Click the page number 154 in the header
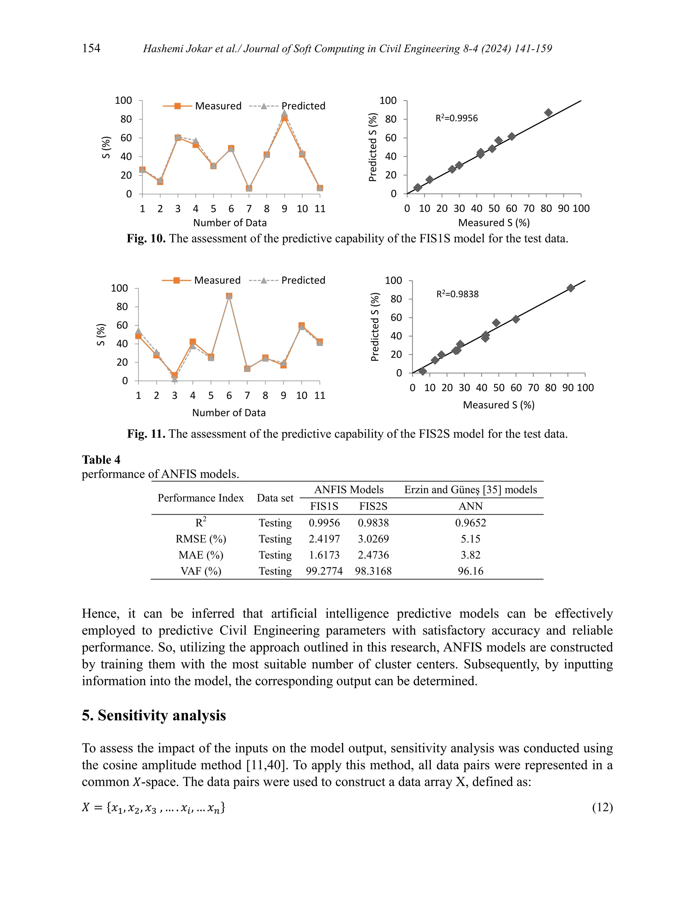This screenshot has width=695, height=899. [x=91, y=48]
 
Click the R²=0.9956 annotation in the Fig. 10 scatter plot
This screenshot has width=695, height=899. [x=457, y=118]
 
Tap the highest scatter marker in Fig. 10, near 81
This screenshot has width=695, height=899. [x=548, y=113]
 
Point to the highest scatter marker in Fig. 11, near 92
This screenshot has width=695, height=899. [x=570, y=288]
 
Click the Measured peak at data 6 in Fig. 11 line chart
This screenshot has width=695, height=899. [x=229, y=296]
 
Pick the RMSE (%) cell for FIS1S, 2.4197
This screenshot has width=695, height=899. [x=324, y=539]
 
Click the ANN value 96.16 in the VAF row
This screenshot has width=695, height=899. [x=470, y=571]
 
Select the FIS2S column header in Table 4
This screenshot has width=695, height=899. [x=373, y=506]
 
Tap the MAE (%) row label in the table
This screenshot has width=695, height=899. [x=201, y=555]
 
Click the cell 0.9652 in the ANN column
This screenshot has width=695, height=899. [x=470, y=523]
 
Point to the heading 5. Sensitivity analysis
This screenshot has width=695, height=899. [x=154, y=715]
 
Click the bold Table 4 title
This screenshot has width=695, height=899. [x=101, y=460]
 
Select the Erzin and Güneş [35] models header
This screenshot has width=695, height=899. [x=470, y=490]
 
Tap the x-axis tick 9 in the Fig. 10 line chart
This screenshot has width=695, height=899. [x=284, y=209]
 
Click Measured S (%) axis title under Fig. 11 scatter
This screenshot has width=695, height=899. [x=498, y=405]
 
